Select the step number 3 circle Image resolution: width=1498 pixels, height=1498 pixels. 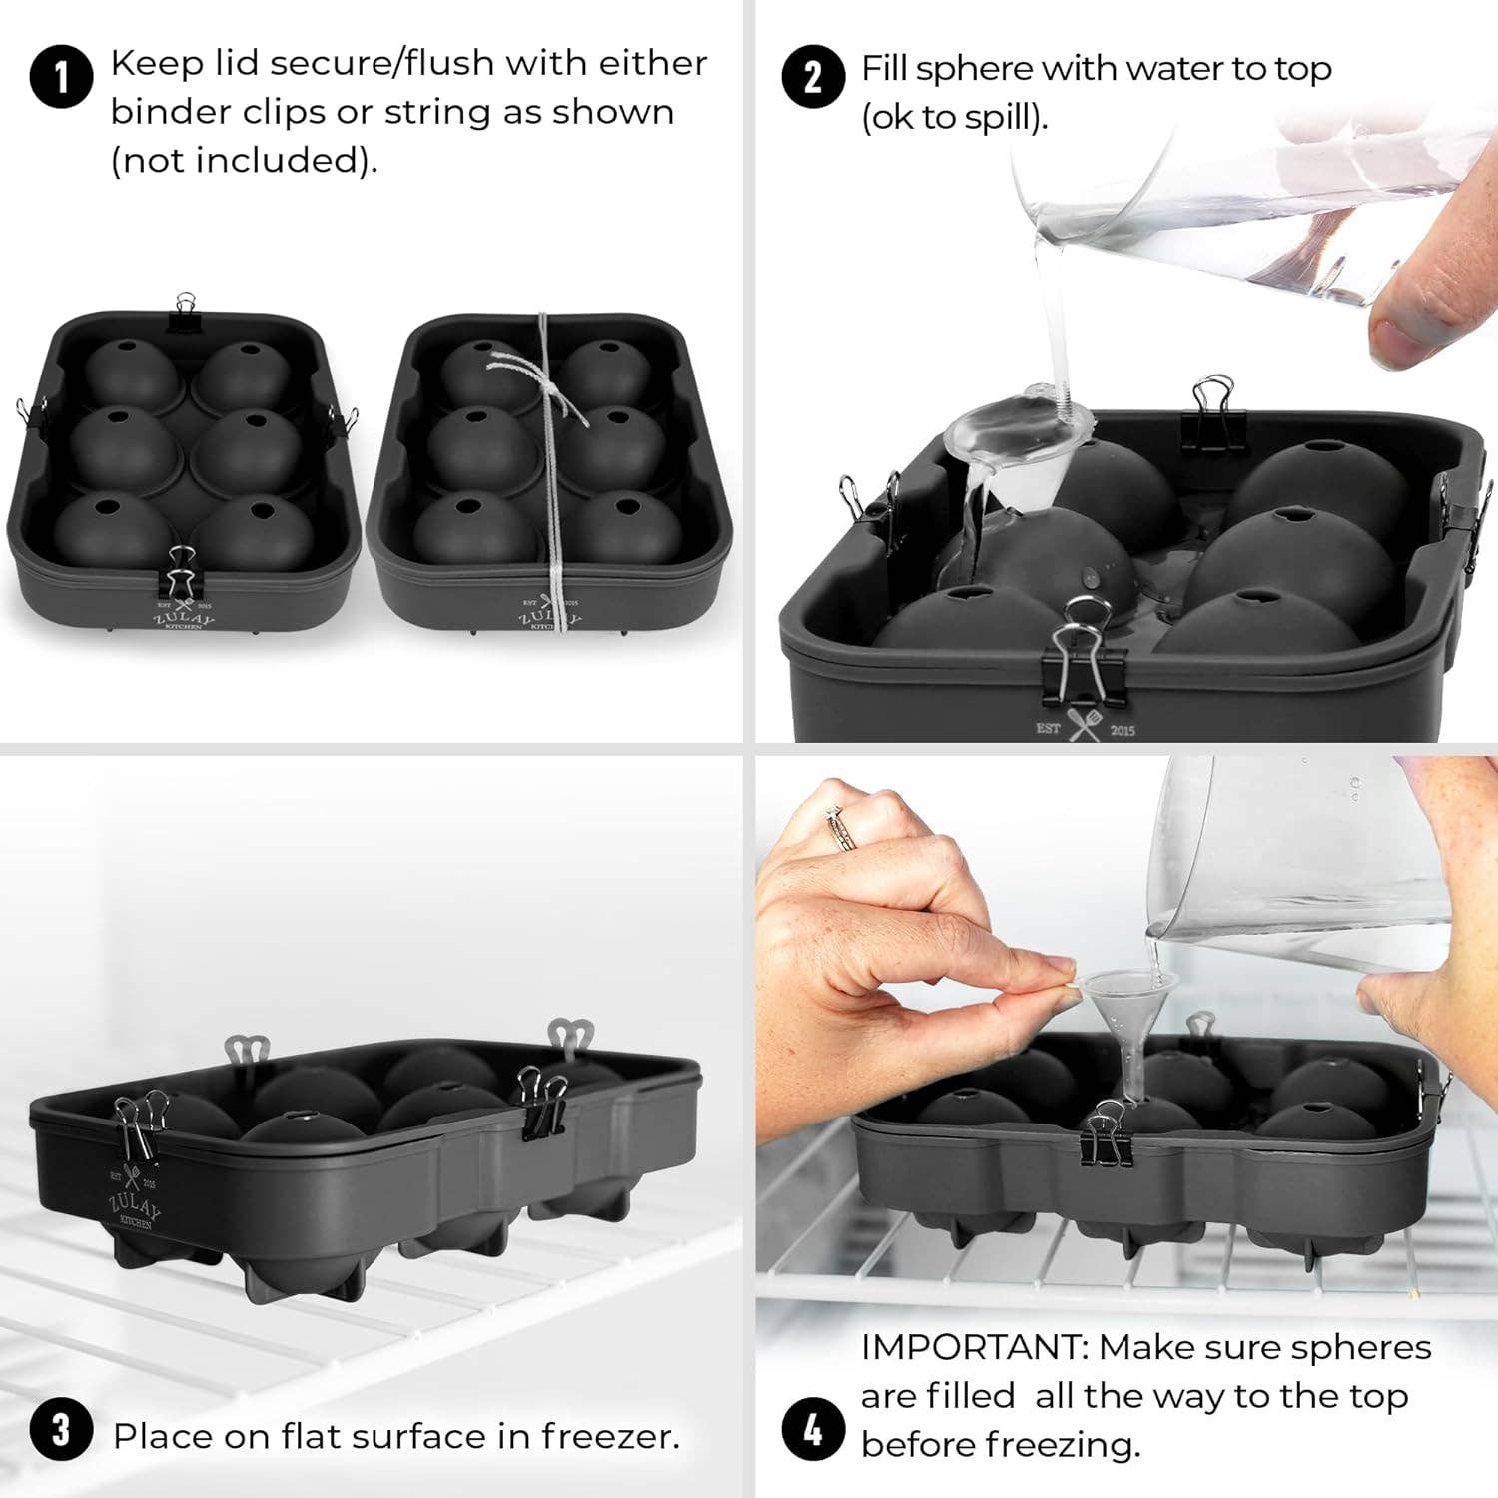click(61, 1430)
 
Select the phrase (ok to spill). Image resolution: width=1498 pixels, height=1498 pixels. click(954, 118)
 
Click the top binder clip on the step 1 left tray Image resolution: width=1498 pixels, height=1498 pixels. click(185, 311)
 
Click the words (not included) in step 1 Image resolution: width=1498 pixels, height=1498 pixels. click(244, 160)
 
